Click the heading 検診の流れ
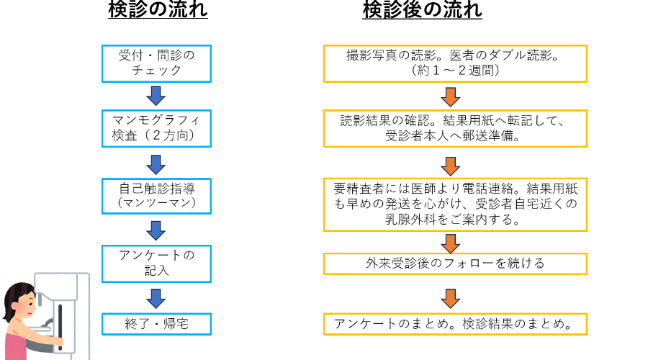pos(158,11)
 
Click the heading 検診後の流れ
pos(422,11)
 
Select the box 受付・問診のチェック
pos(156,63)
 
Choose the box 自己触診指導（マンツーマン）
pos(156,196)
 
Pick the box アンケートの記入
pos(156,263)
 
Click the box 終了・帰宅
pos(156,324)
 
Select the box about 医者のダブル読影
pos(455,63)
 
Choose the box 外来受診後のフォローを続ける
pos(455,264)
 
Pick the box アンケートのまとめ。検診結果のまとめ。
pos(455,324)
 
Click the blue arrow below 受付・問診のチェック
pos(156,95)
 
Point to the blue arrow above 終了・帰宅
pos(156,297)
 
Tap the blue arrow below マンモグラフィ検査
pos(156,163)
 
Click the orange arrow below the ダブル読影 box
pos(451,96)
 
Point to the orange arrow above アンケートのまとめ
pos(451,297)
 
